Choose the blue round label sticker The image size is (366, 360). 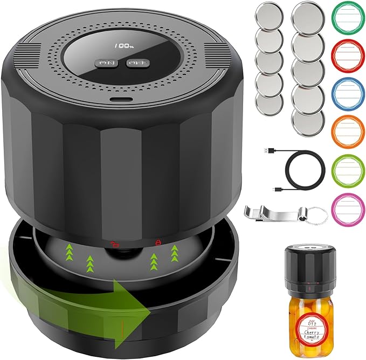click(x=346, y=93)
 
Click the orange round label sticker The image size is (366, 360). click(x=346, y=130)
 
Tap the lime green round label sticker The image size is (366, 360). click(x=346, y=167)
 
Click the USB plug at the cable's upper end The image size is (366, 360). click(x=271, y=150)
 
